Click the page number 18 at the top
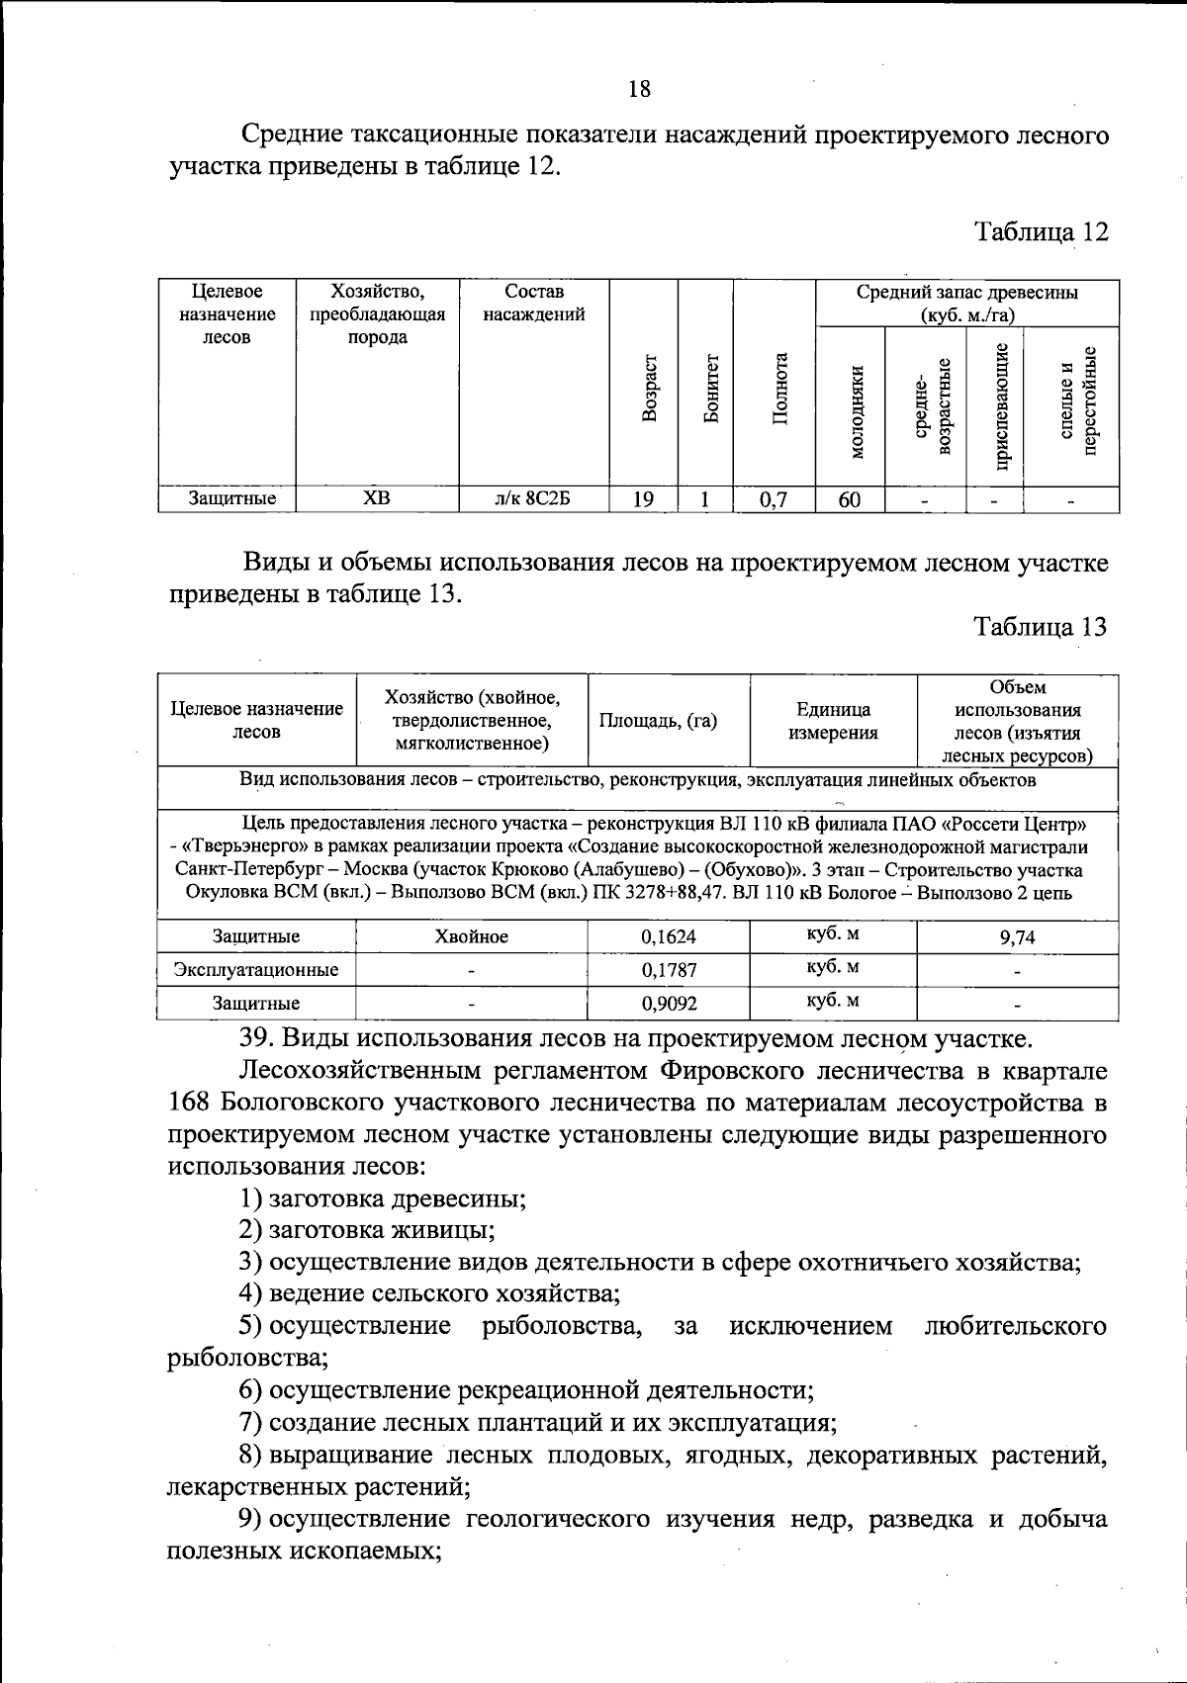(x=639, y=89)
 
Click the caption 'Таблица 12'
(x=1041, y=231)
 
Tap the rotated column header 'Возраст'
(x=649, y=388)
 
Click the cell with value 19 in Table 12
(x=643, y=499)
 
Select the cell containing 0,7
(x=773, y=500)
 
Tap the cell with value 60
(x=849, y=499)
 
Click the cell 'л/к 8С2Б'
(x=533, y=498)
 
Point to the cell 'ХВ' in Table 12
(x=377, y=498)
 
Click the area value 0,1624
(x=669, y=936)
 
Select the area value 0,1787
(x=669, y=970)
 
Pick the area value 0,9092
(x=669, y=1004)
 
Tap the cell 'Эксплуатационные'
(x=256, y=970)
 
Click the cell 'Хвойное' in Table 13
(x=471, y=936)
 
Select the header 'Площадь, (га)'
(x=658, y=721)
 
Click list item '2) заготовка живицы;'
(x=367, y=1230)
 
